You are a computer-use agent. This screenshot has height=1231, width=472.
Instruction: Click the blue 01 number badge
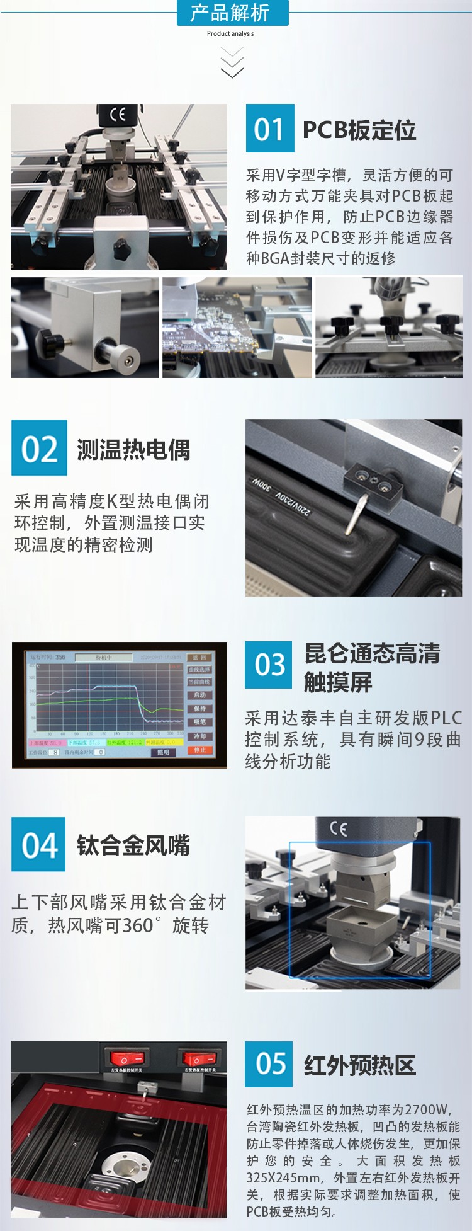(270, 129)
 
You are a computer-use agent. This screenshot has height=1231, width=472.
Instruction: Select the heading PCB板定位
(359, 130)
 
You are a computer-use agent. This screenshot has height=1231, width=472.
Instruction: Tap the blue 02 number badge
(39, 449)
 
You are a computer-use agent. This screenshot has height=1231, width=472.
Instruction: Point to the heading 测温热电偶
(133, 450)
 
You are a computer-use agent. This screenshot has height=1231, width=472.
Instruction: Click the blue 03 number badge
(269, 665)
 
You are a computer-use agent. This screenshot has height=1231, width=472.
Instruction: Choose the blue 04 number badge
(38, 845)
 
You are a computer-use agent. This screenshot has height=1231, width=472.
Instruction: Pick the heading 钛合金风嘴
(133, 845)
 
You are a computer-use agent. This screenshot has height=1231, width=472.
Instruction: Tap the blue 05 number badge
(269, 1064)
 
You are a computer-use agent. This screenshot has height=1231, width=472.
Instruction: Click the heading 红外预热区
(360, 1065)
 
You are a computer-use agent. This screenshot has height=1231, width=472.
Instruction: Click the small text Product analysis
(230, 34)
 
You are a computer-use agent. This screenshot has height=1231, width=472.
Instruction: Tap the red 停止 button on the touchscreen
(200, 750)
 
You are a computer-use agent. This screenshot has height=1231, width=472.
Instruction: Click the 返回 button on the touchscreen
(200, 657)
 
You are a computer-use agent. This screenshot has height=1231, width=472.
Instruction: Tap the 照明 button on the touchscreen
(163, 752)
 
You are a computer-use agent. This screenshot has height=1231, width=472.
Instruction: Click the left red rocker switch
(120, 1058)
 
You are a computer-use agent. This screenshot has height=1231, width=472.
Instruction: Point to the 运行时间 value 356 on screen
(60, 656)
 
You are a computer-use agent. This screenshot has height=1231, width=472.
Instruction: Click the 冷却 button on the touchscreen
(200, 736)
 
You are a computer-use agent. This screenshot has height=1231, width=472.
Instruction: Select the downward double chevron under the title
(232, 63)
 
